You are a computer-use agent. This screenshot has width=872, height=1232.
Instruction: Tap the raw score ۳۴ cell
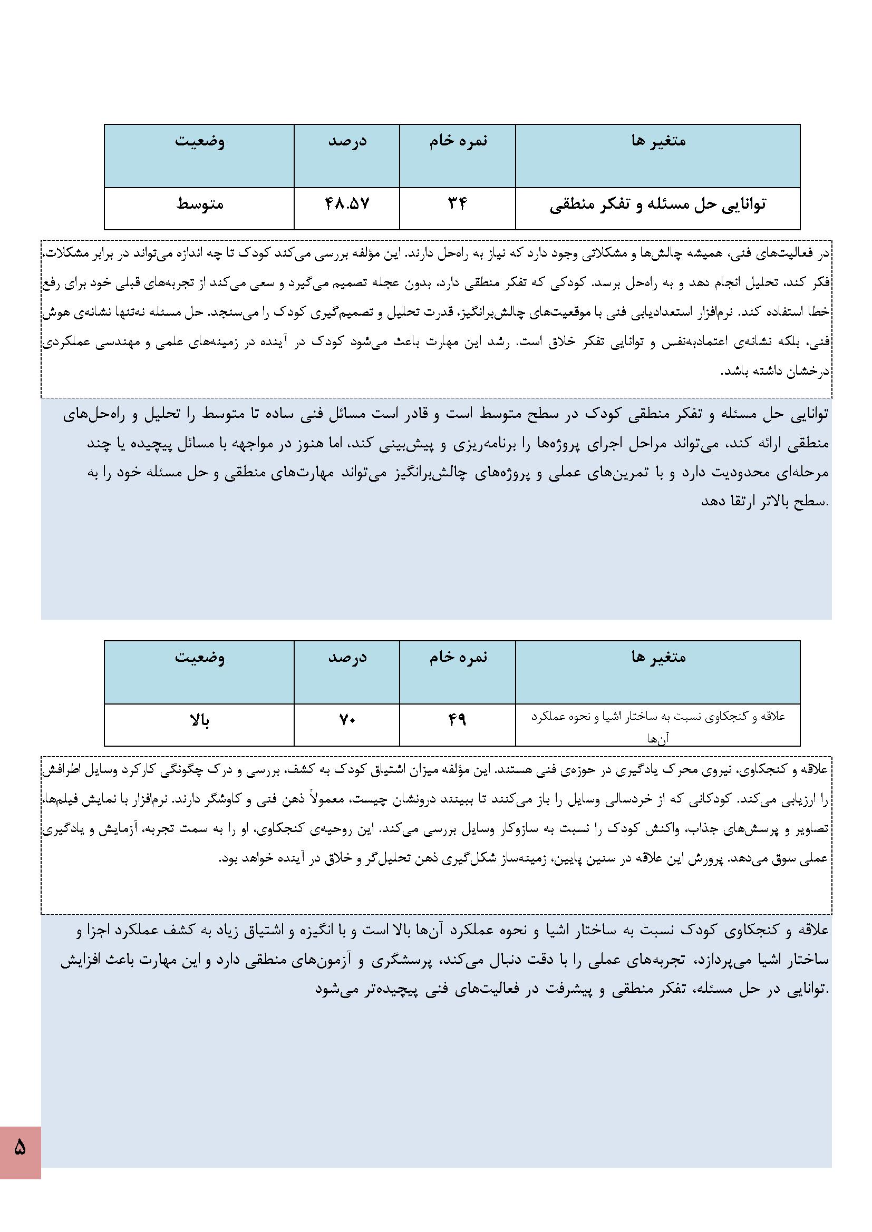(457, 204)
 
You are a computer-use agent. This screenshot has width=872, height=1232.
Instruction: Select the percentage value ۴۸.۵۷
(347, 204)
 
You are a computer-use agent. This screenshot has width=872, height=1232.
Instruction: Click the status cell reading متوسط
(200, 204)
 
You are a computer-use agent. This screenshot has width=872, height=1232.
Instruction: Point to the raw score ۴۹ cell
(457, 720)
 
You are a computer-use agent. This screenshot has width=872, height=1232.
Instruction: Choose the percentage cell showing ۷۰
(347, 720)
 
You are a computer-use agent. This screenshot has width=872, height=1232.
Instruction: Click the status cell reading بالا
(200, 720)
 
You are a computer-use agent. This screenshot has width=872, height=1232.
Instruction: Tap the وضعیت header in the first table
(200, 141)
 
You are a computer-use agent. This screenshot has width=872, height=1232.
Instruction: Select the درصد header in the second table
(347, 657)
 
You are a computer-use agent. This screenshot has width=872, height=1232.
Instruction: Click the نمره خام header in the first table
(458, 141)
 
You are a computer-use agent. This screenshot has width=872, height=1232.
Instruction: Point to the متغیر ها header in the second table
(658, 657)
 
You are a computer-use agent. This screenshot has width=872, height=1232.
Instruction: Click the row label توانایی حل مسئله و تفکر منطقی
(658, 204)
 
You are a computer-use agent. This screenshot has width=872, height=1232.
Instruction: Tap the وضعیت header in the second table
(200, 657)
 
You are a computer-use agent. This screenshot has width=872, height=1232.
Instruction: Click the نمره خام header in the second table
(458, 657)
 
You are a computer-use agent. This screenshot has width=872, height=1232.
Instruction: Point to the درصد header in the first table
(347, 141)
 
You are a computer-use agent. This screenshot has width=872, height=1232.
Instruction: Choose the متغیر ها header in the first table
(658, 141)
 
